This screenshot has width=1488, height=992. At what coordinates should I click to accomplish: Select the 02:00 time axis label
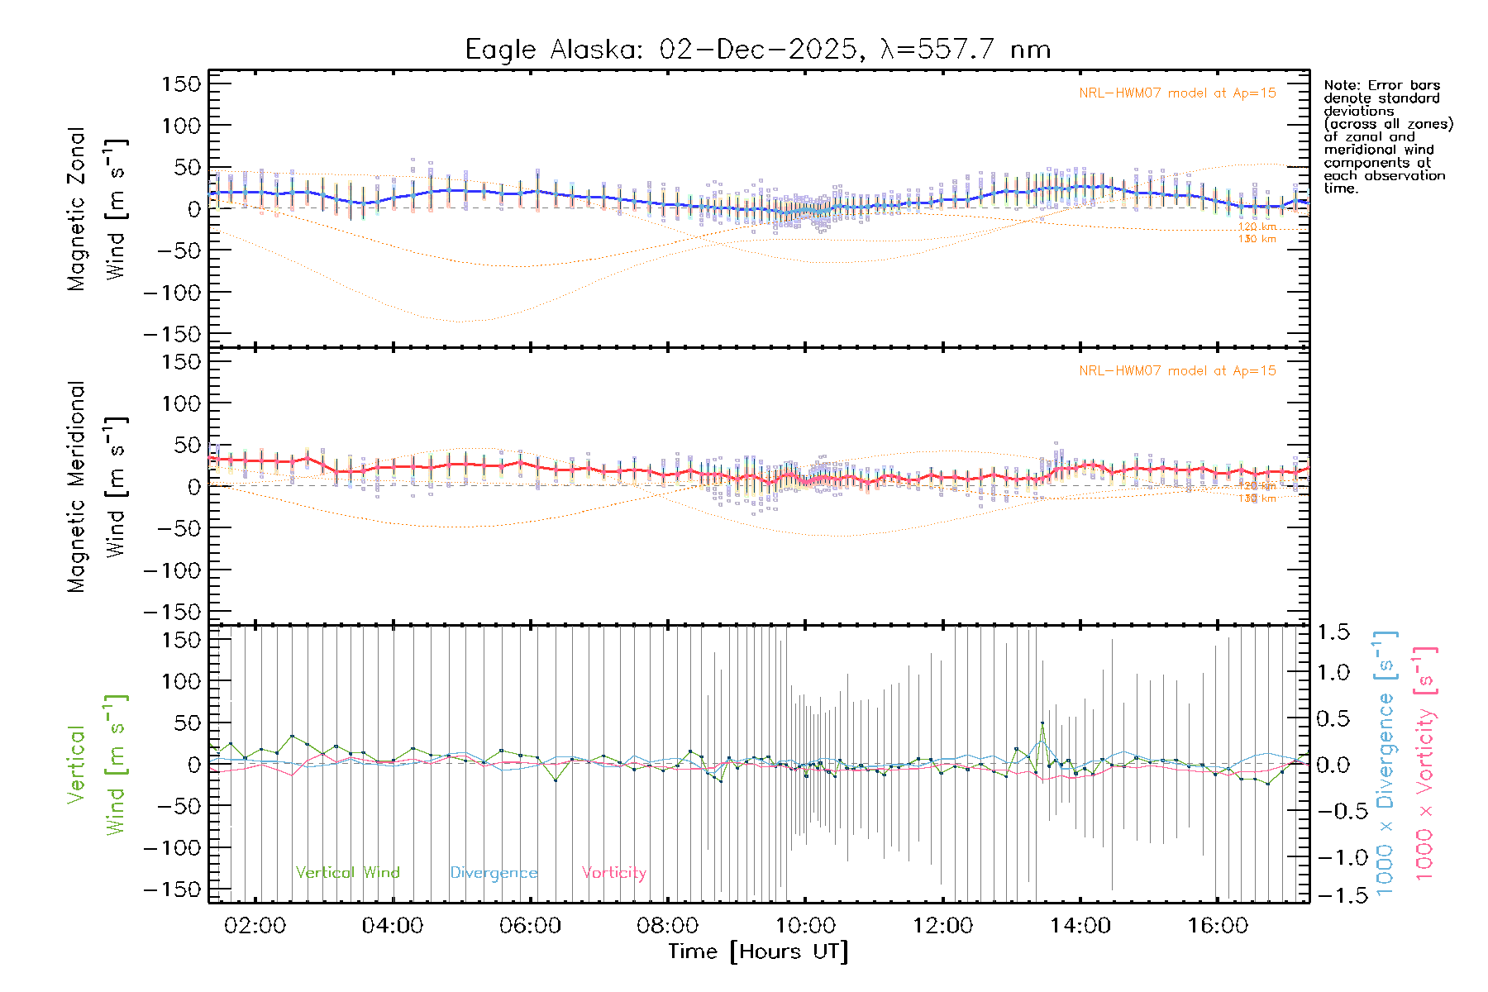pyautogui.click(x=255, y=926)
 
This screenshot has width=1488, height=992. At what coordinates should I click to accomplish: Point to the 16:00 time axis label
pyautogui.click(x=1218, y=926)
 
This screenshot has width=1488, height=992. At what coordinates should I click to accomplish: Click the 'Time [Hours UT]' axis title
pyautogui.click(x=758, y=952)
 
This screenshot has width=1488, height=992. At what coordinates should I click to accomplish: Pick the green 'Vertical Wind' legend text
pyautogui.click(x=347, y=873)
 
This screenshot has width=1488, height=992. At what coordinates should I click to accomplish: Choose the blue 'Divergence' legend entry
pyautogui.click(x=494, y=873)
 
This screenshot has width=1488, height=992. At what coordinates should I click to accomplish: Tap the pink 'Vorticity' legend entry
pyautogui.click(x=613, y=873)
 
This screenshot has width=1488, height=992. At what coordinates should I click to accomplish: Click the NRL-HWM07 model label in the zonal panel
pyautogui.click(x=1177, y=93)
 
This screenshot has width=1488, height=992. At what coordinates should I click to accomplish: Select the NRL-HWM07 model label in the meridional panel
pyautogui.click(x=1177, y=371)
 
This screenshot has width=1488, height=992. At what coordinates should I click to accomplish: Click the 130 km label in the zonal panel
pyautogui.click(x=1257, y=240)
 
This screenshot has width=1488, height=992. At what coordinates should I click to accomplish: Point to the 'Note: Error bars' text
pyautogui.click(x=1381, y=85)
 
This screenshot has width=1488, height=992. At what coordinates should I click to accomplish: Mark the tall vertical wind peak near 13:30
pyautogui.click(x=1042, y=723)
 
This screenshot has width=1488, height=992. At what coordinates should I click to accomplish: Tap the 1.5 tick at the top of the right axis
pyautogui.click(x=1333, y=632)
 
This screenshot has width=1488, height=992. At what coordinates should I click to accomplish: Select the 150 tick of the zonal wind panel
pyautogui.click(x=181, y=84)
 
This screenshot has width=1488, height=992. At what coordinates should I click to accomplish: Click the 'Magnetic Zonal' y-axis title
pyautogui.click(x=77, y=209)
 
